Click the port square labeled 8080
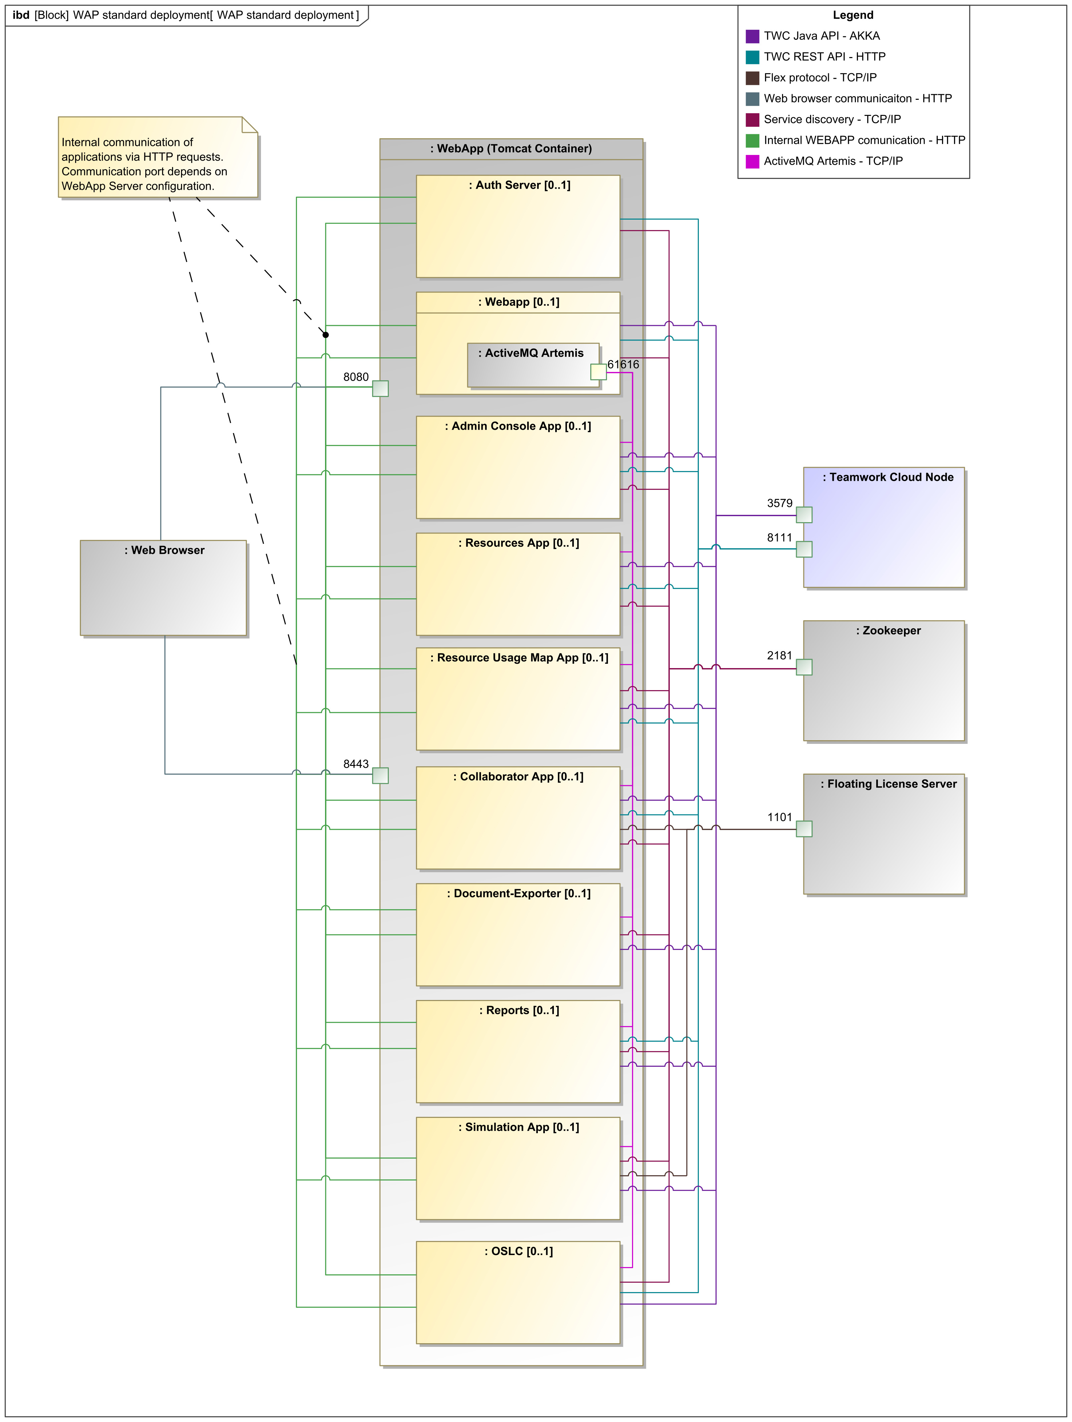[380, 388]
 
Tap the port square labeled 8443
[380, 775]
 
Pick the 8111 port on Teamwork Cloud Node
[804, 549]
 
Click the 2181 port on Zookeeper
[804, 667]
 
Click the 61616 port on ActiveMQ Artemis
[598, 372]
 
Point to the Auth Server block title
[519, 185]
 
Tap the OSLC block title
[519, 1251]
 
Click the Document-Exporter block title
[519, 893]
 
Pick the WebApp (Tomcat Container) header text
[511, 149]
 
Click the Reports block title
[519, 1011]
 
